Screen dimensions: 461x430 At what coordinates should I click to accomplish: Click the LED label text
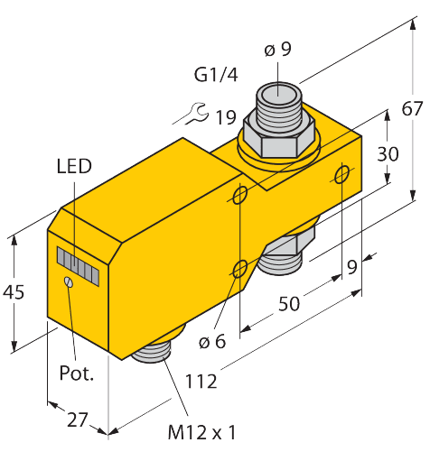pos(74,166)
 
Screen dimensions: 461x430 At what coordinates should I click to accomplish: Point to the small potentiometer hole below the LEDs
pos(69,283)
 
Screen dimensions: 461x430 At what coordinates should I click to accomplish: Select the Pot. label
pos(77,373)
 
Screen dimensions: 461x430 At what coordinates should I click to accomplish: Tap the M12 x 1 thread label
pos(202,433)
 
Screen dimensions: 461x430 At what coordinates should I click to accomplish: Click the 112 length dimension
pos(201,382)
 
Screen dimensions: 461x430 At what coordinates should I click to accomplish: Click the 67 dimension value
pos(412,109)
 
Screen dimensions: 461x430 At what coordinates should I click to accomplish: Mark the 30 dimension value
pos(388,154)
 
